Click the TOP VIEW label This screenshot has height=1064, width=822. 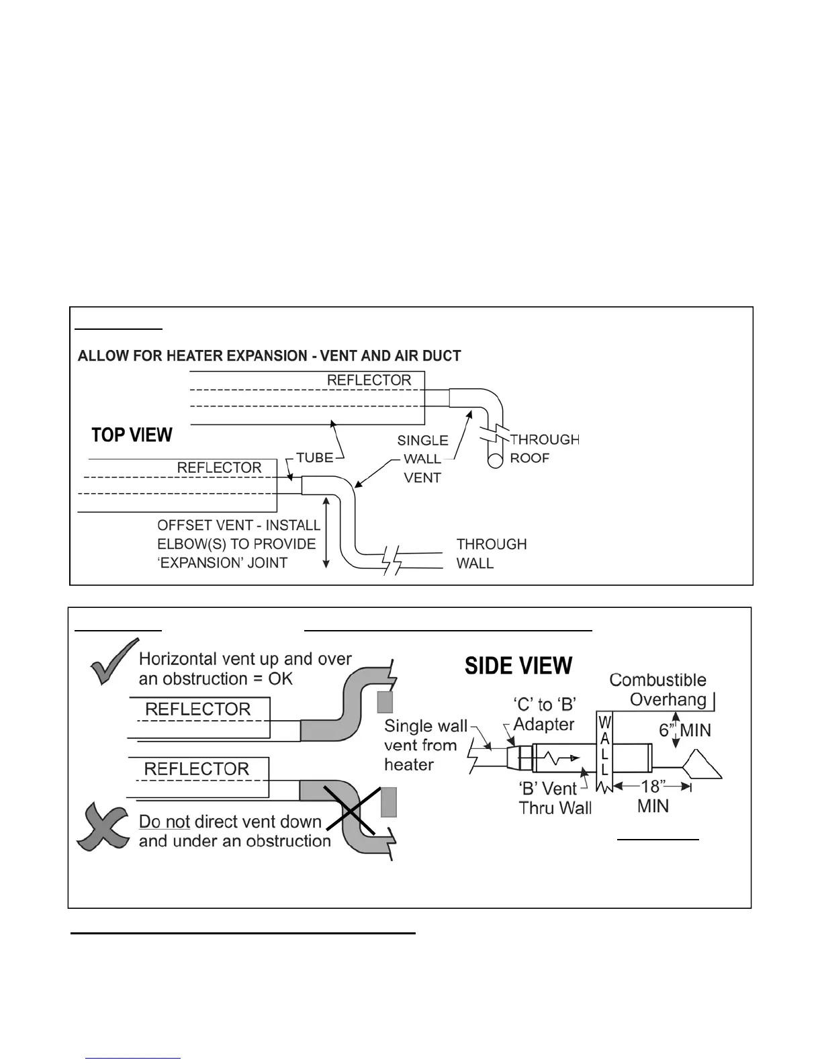(132, 435)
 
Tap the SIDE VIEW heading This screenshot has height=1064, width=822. (518, 666)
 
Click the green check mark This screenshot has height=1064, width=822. (107, 662)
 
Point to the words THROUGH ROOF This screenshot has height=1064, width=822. (544, 449)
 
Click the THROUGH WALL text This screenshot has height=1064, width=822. (491, 553)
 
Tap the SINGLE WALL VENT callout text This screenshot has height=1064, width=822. (422, 459)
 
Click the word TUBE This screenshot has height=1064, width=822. (314, 457)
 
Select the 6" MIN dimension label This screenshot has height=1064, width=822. (685, 730)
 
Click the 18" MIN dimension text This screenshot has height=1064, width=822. (652, 795)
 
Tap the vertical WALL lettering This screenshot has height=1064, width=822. (604, 746)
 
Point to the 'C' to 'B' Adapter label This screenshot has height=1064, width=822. (544, 714)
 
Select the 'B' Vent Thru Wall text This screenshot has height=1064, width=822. (555, 797)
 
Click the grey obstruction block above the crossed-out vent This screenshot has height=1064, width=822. (388, 801)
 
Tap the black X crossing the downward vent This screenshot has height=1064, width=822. (351, 811)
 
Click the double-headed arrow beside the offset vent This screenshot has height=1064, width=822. (326, 531)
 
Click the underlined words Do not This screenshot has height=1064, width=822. (165, 822)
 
